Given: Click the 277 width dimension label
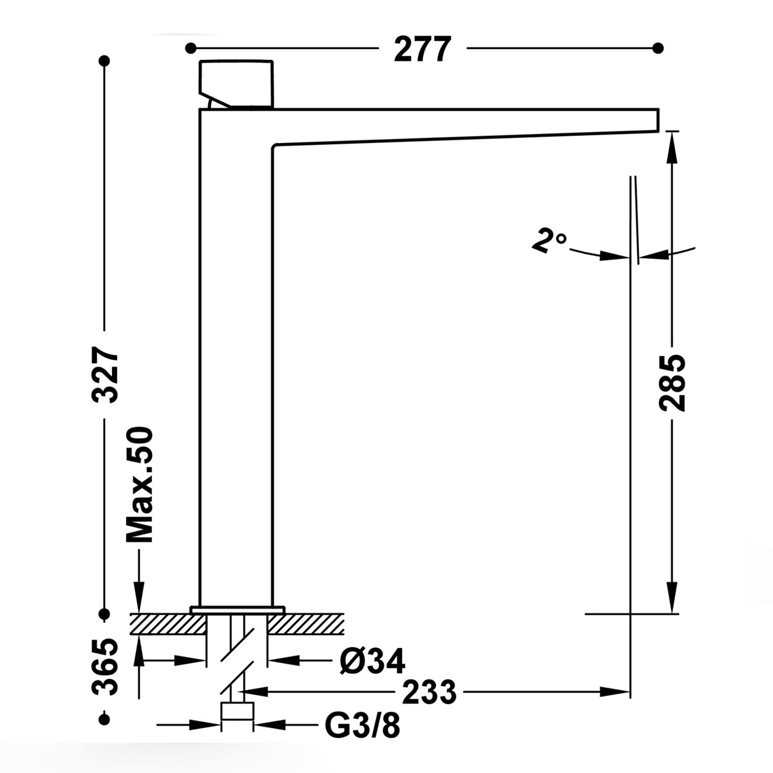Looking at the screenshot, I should (422, 49).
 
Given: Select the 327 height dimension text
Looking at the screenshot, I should (105, 375).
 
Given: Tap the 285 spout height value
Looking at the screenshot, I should (672, 382).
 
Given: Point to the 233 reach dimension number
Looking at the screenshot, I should (429, 692).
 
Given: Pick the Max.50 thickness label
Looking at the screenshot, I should (139, 484).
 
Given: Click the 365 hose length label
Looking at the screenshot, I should (105, 667).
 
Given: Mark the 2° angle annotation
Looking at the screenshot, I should (549, 242).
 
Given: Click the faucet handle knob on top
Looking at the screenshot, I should (237, 82).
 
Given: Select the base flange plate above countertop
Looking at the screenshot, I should (237, 609).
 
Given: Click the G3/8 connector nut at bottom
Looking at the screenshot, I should (237, 712).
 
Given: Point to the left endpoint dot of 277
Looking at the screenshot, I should (190, 48).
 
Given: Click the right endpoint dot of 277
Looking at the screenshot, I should (658, 48).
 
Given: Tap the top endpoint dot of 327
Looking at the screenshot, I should (104, 61).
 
